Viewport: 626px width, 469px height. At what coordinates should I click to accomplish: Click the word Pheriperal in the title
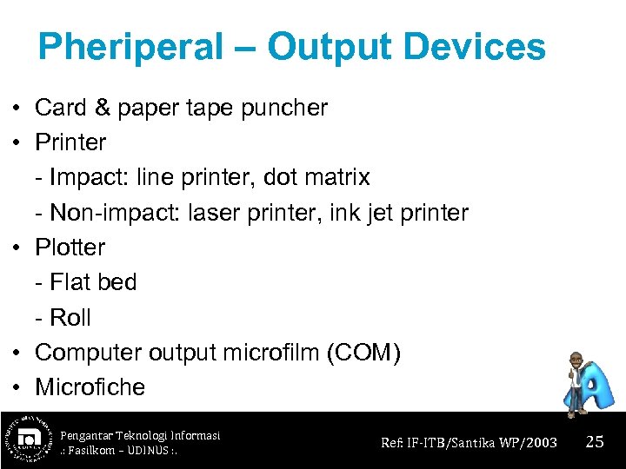click(130, 47)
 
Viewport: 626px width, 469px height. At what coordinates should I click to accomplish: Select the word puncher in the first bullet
click(284, 108)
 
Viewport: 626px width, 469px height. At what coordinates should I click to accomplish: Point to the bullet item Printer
click(70, 142)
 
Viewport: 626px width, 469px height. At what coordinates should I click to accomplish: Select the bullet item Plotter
click(70, 248)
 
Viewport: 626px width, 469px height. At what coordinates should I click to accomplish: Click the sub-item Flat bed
click(93, 282)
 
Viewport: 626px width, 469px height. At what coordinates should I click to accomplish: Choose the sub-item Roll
click(70, 318)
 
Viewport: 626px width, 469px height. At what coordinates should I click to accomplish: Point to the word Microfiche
click(90, 387)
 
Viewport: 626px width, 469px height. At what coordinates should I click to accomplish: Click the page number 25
click(595, 442)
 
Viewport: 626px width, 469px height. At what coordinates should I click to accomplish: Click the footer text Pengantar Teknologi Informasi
click(140, 434)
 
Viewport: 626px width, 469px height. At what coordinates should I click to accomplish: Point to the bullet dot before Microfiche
click(17, 388)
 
